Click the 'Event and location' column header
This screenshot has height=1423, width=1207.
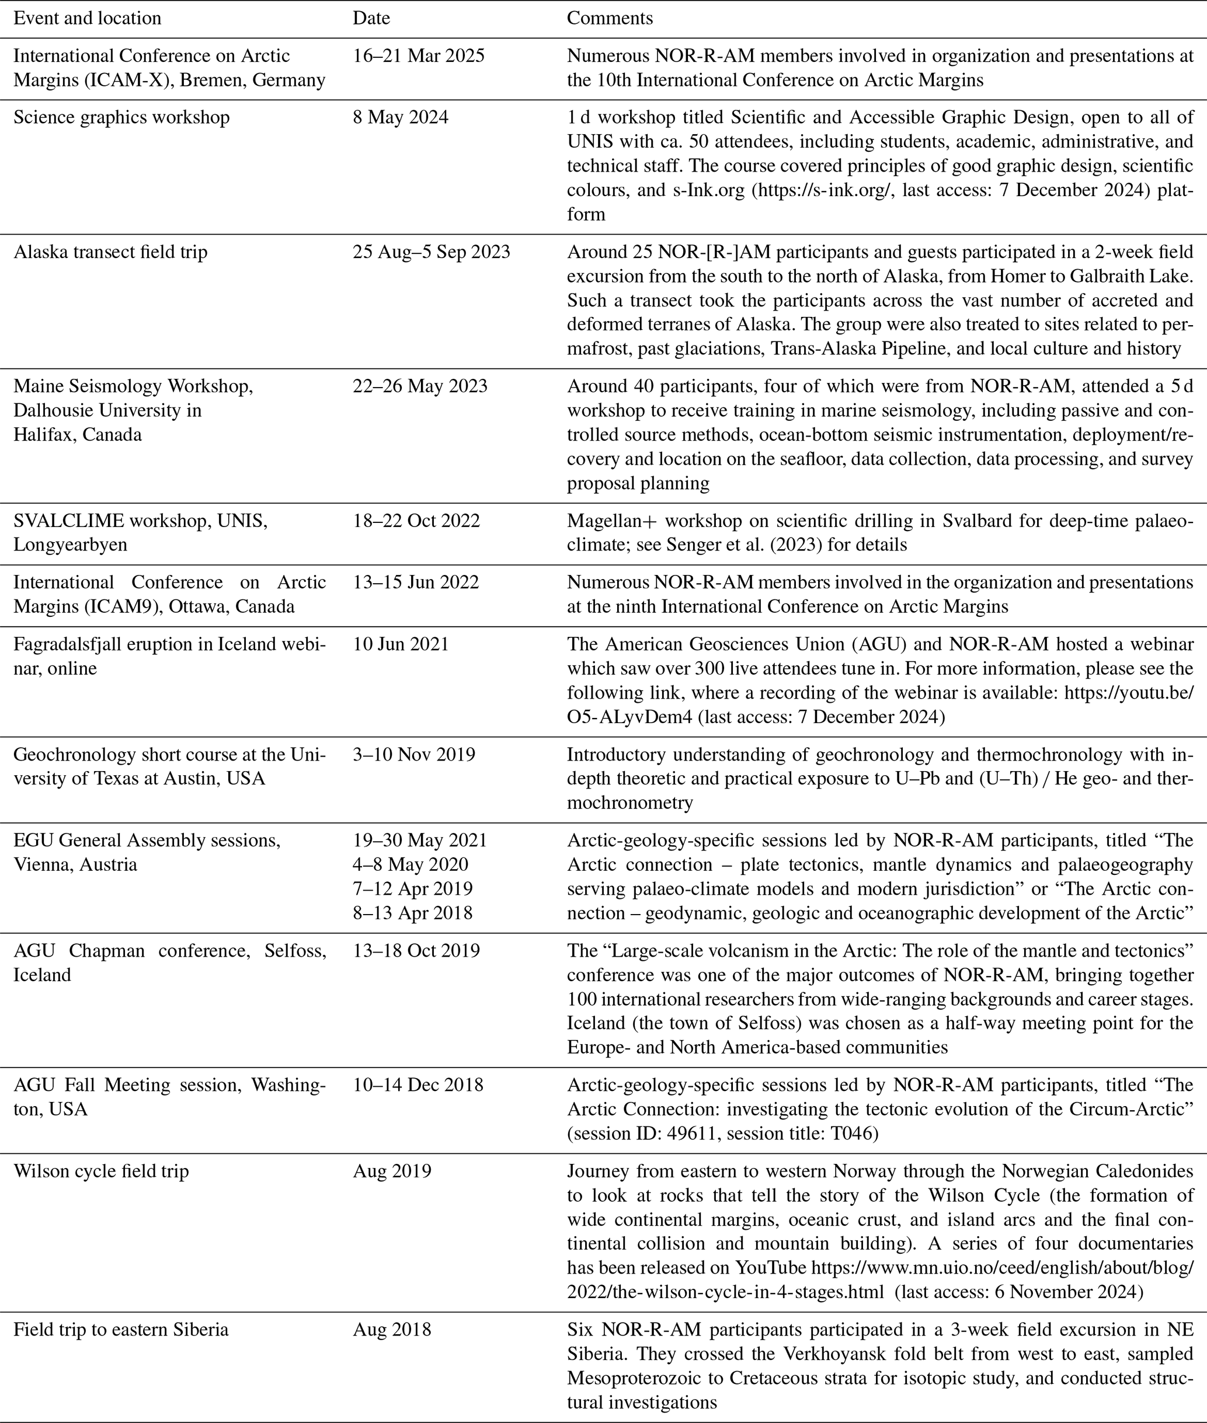(88, 18)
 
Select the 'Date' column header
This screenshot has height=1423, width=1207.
(371, 18)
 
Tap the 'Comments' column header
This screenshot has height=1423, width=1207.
(610, 18)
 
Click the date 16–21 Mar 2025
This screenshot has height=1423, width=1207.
(419, 55)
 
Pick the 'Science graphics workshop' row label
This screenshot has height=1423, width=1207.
(122, 117)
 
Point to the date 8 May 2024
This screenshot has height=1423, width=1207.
(401, 117)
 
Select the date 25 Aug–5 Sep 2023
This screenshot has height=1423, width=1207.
(432, 252)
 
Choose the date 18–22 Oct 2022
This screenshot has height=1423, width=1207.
(417, 521)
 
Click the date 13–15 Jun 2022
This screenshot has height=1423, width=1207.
(416, 582)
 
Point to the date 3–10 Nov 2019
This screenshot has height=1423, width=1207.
(414, 754)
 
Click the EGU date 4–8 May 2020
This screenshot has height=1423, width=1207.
(411, 864)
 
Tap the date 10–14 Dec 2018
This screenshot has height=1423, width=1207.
(418, 1084)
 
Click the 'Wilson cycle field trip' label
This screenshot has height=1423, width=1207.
(101, 1171)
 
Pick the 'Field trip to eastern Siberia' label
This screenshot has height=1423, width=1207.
(121, 1329)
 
